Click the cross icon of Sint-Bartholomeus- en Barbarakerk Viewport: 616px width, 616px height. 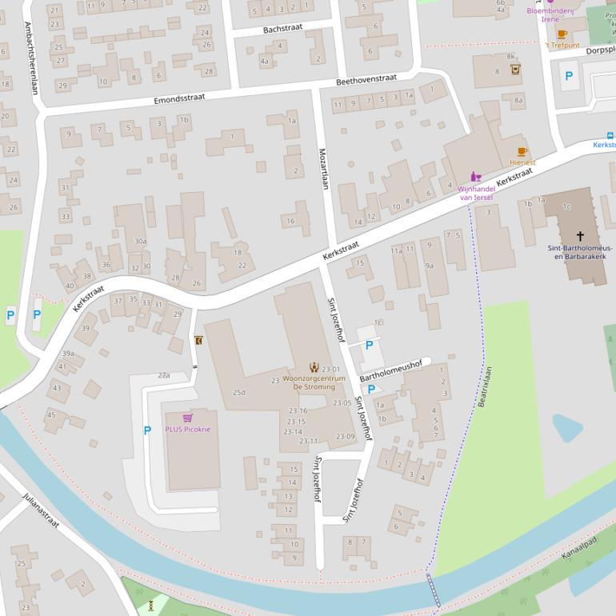click(x=581, y=236)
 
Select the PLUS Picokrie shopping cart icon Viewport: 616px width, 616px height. click(x=187, y=418)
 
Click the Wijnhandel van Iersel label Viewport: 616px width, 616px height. click(x=475, y=193)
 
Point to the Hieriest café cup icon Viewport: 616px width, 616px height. click(x=522, y=151)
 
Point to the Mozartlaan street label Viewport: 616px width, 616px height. click(x=324, y=168)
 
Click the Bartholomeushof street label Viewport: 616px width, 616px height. click(x=390, y=370)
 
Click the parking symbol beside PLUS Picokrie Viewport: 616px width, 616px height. click(x=147, y=430)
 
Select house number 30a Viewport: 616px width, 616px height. click(x=140, y=241)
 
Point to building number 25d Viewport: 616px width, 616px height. click(x=238, y=393)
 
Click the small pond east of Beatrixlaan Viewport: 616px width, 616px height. click(x=566, y=428)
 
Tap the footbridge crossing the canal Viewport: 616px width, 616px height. click(x=433, y=590)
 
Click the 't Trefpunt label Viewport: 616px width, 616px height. click(x=562, y=46)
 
